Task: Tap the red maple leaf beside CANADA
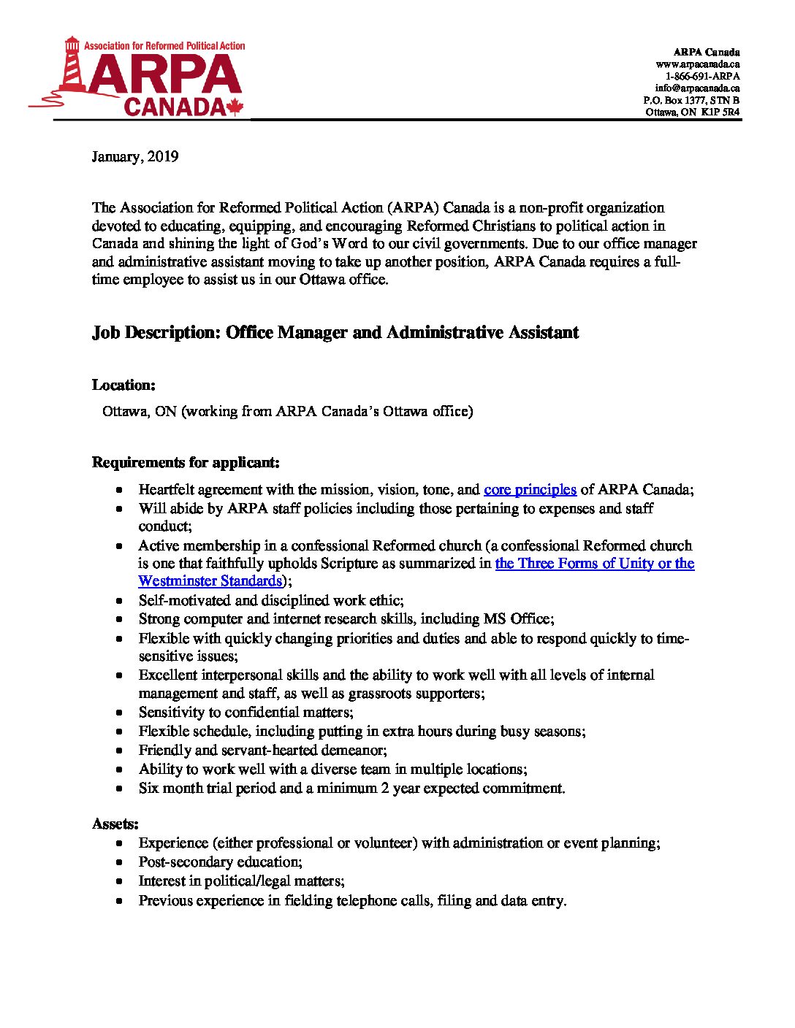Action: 235,107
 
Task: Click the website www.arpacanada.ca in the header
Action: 698,64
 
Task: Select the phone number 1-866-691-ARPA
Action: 702,76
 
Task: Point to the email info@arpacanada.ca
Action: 697,88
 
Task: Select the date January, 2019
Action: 135,156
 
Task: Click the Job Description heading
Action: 335,333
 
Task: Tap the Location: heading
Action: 123,385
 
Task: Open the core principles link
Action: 530,489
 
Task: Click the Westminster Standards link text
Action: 210,581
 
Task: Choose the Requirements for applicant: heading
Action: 186,462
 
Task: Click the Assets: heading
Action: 115,824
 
